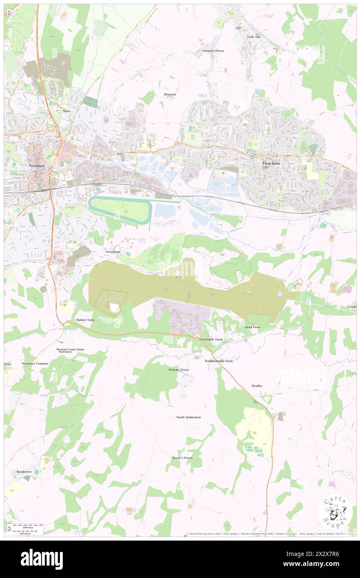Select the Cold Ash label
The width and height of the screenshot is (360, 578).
[x=254, y=37]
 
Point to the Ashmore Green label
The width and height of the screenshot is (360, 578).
[x=213, y=51]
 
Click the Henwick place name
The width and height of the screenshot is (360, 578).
[x=170, y=94]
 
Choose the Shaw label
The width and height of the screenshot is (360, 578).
[x=67, y=111]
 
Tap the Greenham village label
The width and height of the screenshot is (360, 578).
[x=113, y=252]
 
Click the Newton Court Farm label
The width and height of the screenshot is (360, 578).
[x=70, y=349]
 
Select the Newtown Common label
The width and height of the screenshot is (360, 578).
[x=35, y=364]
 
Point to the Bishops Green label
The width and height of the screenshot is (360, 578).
[x=179, y=370]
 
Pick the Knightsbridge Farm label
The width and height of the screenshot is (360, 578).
[x=219, y=361]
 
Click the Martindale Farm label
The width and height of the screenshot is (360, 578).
[x=211, y=339]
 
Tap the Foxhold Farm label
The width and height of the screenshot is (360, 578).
[x=251, y=327]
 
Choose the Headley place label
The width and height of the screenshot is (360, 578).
[x=257, y=386]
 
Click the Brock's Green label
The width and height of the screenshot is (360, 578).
[x=182, y=458]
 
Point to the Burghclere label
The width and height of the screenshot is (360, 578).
[x=25, y=472]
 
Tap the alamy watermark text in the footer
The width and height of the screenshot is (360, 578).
[x=42, y=558]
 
